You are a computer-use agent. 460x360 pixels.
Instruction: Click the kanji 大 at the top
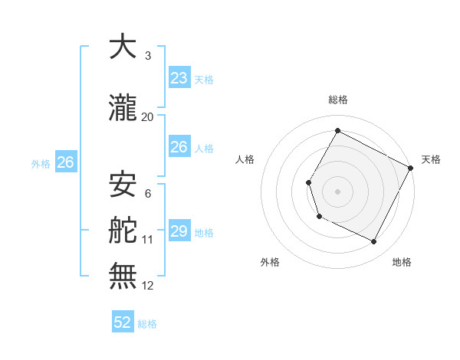123,47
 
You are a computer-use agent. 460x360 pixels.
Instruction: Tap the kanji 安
123,185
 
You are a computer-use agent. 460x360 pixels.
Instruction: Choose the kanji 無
123,276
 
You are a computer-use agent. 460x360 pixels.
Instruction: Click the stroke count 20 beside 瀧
148,117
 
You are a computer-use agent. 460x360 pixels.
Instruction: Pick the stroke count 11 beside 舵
148,240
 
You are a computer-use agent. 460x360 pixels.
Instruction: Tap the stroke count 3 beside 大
148,56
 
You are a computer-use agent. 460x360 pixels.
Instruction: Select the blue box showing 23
179,78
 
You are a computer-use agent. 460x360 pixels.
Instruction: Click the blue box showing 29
179,231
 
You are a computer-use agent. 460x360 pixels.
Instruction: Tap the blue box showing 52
123,322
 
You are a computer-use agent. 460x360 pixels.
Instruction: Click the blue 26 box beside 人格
179,147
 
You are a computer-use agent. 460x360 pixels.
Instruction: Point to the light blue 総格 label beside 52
148,324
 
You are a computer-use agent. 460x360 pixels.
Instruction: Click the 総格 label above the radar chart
337,100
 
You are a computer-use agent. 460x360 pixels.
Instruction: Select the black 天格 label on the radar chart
431,159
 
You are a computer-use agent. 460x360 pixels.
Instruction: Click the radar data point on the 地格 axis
374,242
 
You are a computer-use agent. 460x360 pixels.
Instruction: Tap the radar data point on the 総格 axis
337,130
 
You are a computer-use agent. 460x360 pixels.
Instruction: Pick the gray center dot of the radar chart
337,191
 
